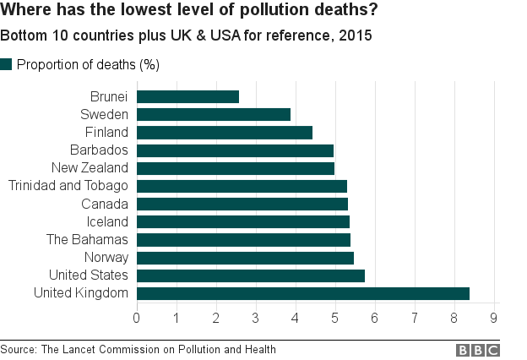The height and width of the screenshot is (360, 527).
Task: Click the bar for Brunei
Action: point(187,96)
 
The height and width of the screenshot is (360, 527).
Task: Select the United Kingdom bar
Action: point(302,293)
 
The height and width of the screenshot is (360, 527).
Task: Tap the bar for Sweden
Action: point(213,114)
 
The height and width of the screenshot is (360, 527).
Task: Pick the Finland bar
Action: point(224,132)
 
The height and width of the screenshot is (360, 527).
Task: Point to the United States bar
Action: point(250,275)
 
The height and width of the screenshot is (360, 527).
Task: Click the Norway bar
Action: point(245,258)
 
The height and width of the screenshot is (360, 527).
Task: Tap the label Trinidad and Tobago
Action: point(68,186)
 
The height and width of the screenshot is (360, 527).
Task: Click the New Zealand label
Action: point(90,168)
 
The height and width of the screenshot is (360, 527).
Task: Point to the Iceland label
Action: point(107,221)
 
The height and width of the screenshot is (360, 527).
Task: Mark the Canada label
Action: point(105,204)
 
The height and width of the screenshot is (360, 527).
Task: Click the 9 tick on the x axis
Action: point(494,318)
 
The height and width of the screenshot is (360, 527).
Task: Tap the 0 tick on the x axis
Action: point(137,318)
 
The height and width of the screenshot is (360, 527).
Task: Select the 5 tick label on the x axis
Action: point(335,318)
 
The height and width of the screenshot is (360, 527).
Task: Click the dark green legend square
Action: point(7,64)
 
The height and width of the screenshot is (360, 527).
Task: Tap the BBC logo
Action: point(478,350)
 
